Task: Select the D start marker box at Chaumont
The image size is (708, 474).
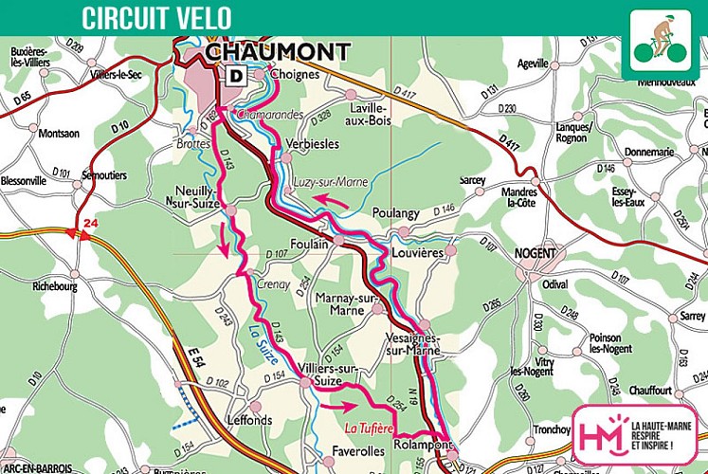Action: click(232, 75)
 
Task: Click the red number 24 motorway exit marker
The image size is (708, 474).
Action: click(90, 224)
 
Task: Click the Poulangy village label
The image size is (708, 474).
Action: click(395, 213)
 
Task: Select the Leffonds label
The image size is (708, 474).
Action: click(249, 419)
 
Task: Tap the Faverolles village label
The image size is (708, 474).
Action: click(359, 450)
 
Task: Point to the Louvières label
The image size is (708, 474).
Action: click(417, 255)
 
